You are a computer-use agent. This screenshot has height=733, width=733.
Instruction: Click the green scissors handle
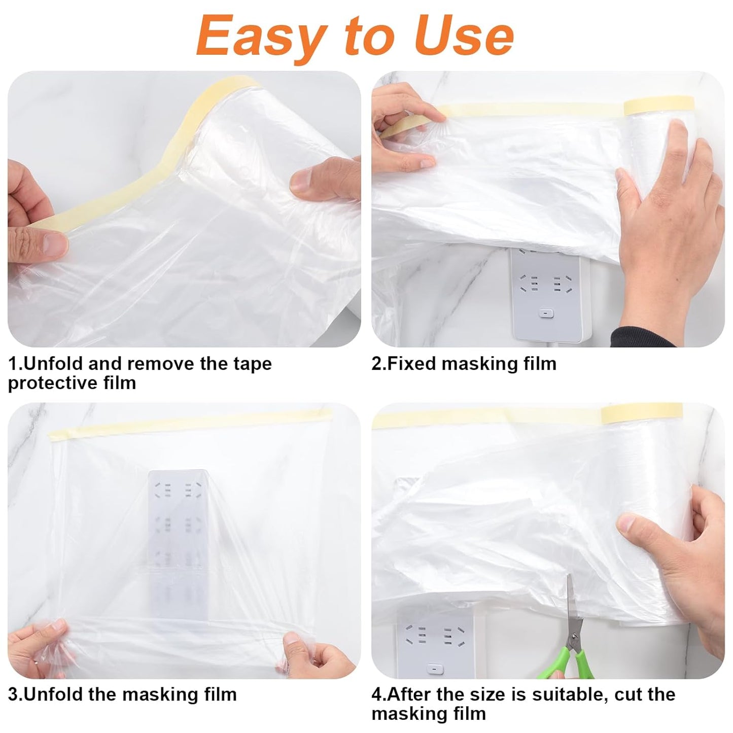(x=578, y=659)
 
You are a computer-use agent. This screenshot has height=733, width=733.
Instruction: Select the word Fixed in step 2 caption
(x=411, y=364)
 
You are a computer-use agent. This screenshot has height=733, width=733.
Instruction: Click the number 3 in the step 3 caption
(x=13, y=694)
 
